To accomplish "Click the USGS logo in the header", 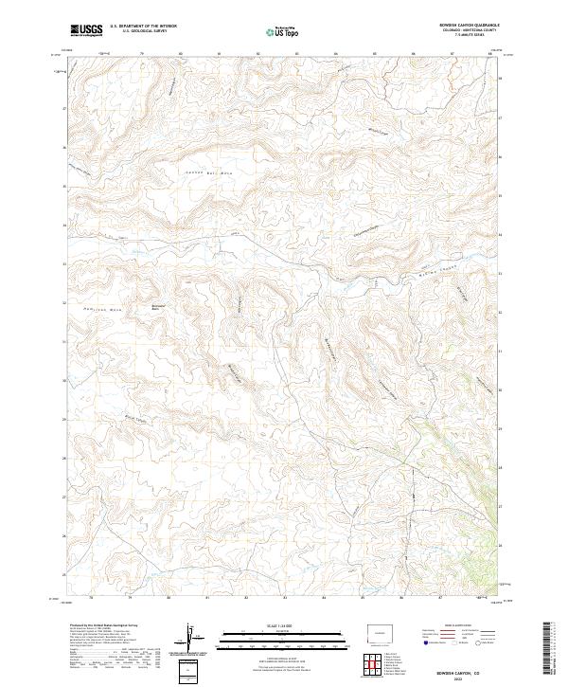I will point(86,30).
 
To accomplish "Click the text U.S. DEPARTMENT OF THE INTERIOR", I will point(143,27).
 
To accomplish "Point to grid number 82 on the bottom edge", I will point(246,598).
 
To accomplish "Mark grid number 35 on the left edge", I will point(64,187).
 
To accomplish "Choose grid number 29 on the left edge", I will point(64,419).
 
